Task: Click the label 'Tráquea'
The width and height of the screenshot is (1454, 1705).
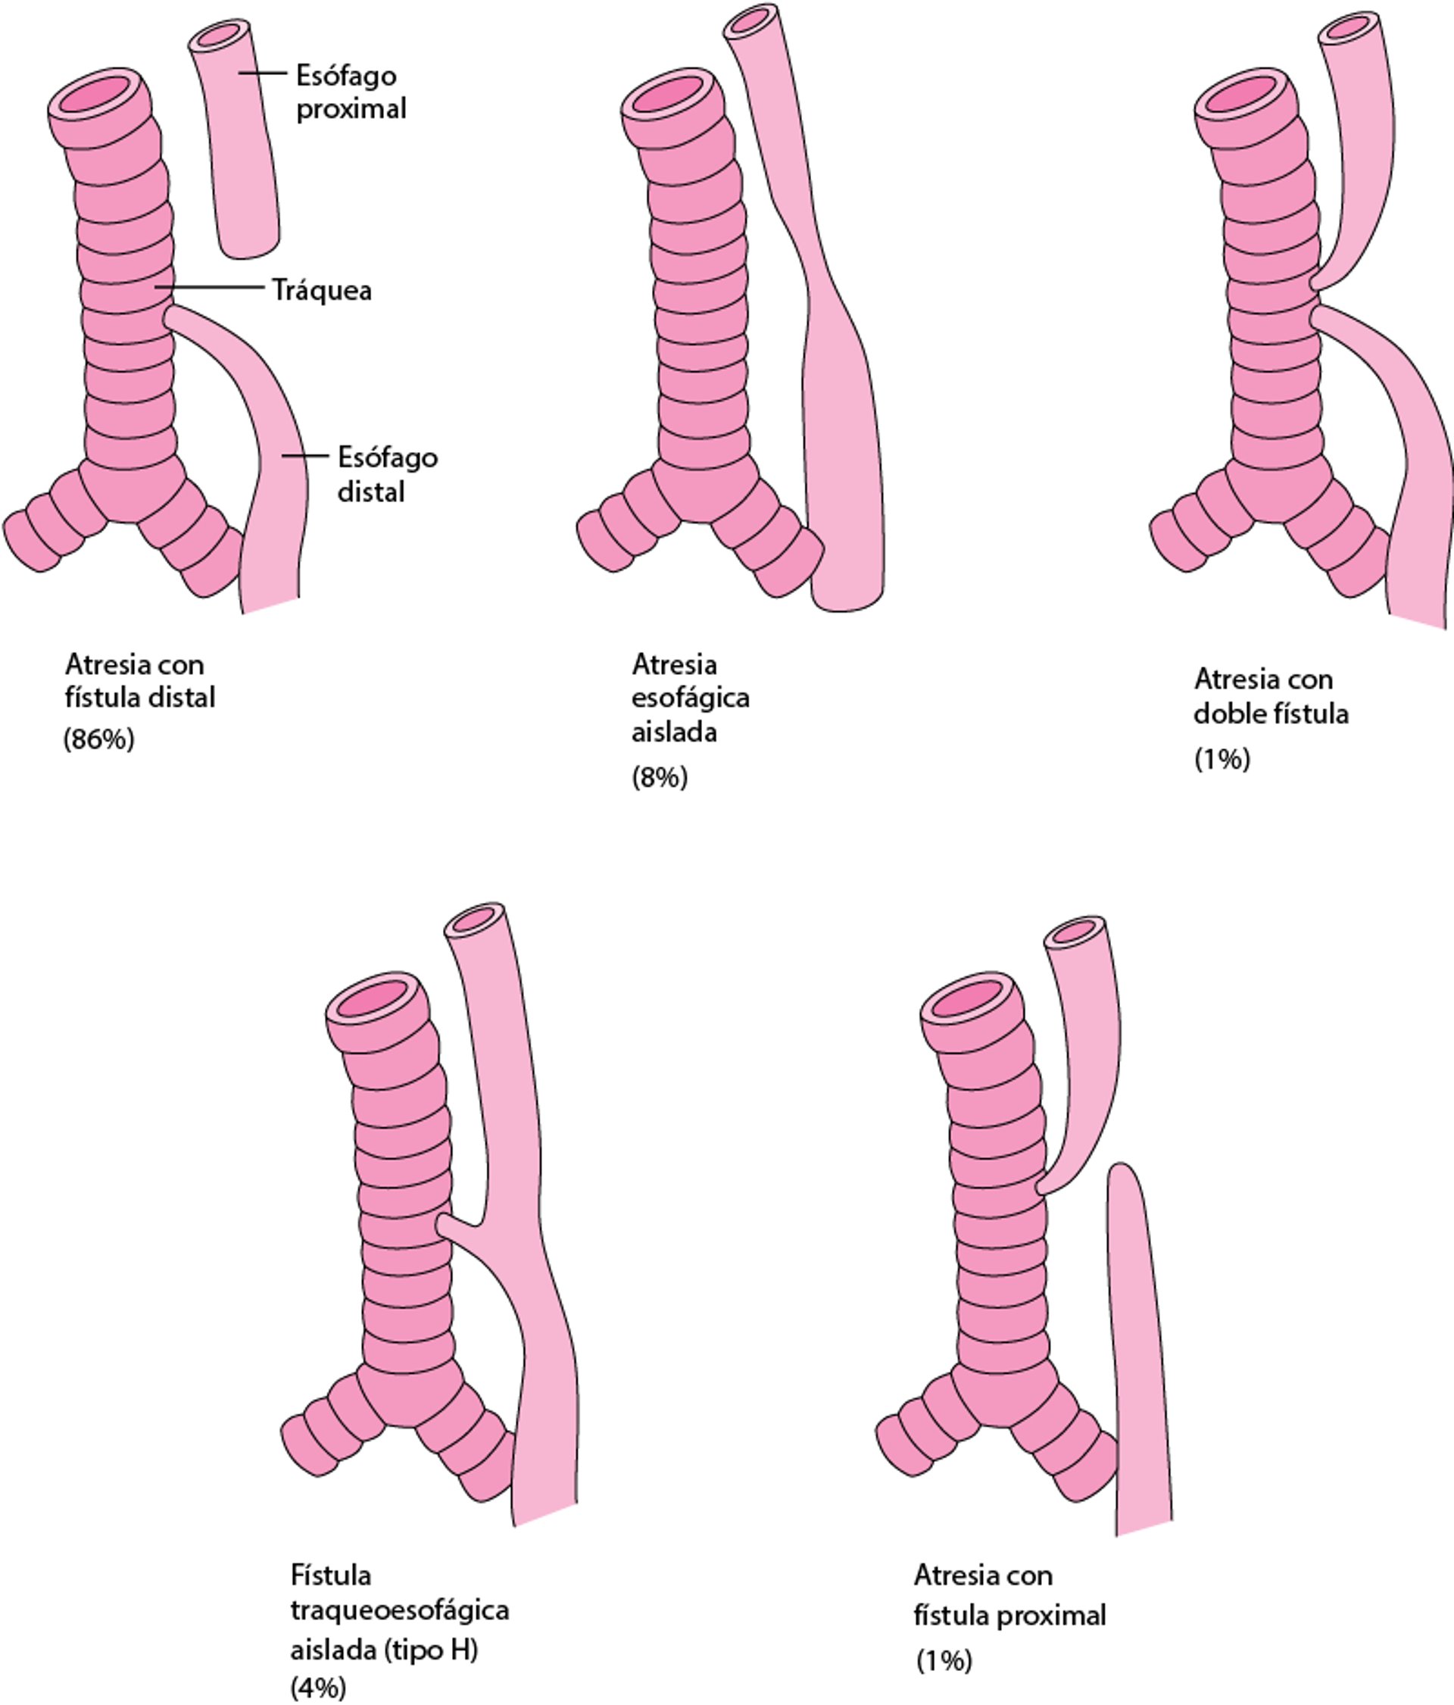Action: [x=322, y=290]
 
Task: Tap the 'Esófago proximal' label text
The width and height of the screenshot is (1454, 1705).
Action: [x=351, y=92]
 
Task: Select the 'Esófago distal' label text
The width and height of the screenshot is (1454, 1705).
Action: [x=387, y=474]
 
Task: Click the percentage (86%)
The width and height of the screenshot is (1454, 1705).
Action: [x=98, y=739]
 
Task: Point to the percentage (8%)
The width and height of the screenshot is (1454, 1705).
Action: [x=659, y=777]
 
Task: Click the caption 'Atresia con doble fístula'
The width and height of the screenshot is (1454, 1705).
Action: [x=1271, y=696]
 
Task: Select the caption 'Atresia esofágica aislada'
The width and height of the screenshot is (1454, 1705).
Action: [x=691, y=698]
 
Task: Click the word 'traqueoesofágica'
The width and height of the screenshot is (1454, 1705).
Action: [x=399, y=1610]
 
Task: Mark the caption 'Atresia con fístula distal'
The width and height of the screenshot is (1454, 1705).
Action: [x=140, y=680]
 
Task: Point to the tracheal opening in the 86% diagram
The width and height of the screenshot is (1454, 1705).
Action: [x=98, y=98]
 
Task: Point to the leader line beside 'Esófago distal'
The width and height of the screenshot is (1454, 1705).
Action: [x=304, y=456]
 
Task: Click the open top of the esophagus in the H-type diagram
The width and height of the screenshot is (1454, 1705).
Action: [x=473, y=918]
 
